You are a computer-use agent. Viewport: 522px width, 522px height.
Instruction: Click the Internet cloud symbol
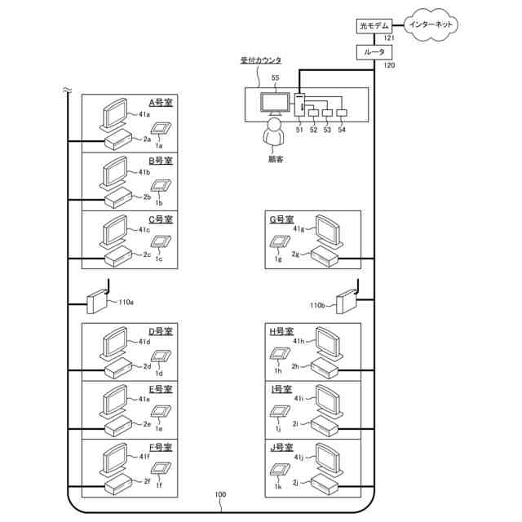tap(431, 24)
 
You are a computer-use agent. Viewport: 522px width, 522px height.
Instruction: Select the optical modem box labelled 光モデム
tap(374, 25)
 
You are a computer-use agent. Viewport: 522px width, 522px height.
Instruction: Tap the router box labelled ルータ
tap(374, 52)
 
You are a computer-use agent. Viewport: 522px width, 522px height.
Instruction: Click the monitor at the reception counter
tap(275, 104)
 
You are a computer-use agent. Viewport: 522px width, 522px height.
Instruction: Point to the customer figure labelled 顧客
tap(274, 132)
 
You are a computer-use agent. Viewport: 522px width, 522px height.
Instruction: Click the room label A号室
tap(161, 102)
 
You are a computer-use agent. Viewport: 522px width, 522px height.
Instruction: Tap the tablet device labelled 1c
tap(161, 241)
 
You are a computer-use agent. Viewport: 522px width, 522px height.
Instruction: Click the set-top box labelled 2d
tap(118, 368)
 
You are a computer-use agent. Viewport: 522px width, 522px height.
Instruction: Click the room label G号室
tap(281, 219)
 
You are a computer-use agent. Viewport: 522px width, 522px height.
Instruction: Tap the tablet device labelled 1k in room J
tap(280, 471)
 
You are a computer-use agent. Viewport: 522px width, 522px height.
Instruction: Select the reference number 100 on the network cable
tap(220, 495)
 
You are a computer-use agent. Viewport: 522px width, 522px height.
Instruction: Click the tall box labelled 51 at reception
tap(299, 105)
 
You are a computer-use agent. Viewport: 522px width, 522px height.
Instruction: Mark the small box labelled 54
tap(342, 113)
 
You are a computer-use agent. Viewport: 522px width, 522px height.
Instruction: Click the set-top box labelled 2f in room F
tap(118, 484)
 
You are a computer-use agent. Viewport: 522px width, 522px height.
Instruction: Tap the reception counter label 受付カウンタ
tap(261, 60)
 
